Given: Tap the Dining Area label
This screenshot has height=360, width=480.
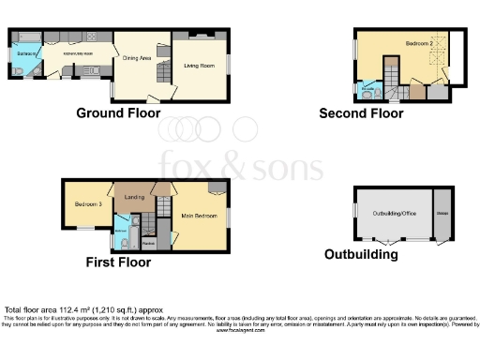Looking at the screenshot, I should coord(137,57).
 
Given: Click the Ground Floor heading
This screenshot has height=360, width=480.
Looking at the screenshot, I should coord(114,113).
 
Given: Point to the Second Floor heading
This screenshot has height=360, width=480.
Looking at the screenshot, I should coord(361,113).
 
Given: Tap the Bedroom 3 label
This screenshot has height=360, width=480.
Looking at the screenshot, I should coord(87,202).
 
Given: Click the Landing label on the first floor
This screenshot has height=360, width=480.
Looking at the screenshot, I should coord(134,196).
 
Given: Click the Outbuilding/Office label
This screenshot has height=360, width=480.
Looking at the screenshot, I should coord(394,213).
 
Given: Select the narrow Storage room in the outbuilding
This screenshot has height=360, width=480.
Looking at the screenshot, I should coord(442,213).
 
